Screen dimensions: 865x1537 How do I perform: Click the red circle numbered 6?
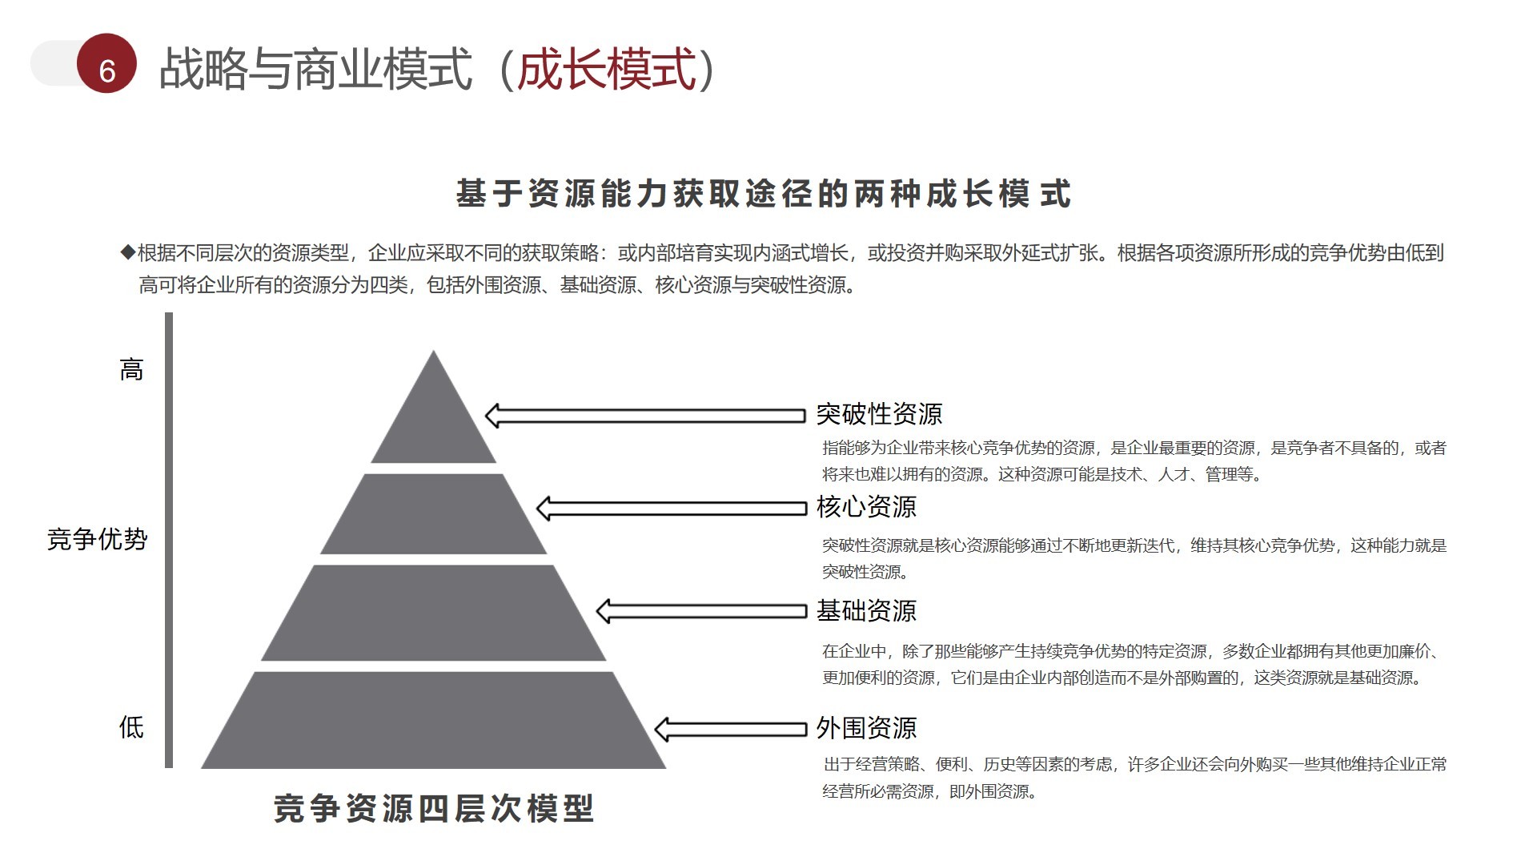(106, 64)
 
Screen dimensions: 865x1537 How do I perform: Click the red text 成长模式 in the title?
(607, 69)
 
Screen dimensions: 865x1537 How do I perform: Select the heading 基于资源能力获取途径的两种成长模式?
(763, 194)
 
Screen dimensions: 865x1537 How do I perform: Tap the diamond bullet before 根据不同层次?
(128, 253)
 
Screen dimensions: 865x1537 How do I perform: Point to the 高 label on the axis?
(131, 370)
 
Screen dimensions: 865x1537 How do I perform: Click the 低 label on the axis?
(131, 727)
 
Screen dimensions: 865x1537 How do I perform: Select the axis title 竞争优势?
(98, 539)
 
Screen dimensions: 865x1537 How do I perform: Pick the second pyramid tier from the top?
(433, 514)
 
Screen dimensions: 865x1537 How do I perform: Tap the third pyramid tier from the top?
(433, 613)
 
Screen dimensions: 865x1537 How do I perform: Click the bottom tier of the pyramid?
(433, 721)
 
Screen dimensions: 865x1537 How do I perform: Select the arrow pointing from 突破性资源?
(644, 416)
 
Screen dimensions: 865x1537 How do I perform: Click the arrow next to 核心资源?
(671, 508)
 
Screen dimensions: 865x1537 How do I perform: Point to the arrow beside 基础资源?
(700, 611)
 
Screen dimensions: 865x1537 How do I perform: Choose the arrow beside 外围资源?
(730, 729)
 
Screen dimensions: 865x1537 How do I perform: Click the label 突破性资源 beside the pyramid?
(879, 414)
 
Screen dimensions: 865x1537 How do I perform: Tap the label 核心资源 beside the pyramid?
(866, 507)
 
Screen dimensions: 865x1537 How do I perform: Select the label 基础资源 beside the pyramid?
(866, 611)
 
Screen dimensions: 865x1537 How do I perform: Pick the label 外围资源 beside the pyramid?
(866, 728)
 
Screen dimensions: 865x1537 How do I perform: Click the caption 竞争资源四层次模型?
(433, 809)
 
